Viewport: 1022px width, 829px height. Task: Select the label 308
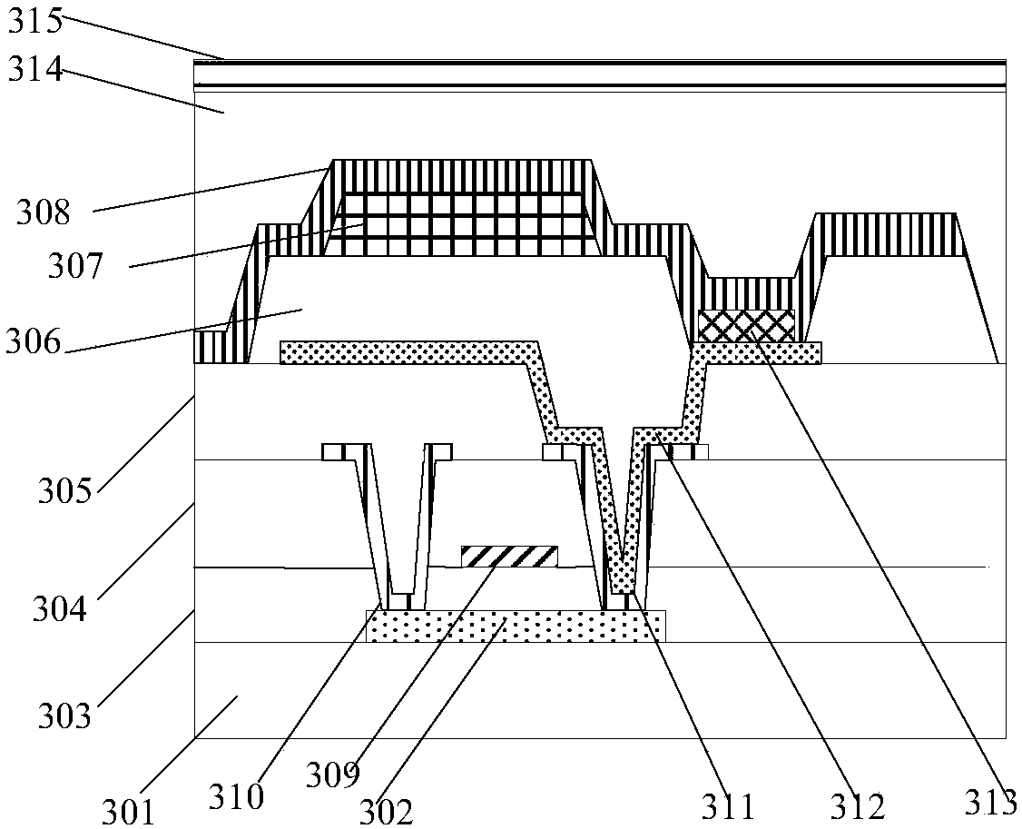[43, 213]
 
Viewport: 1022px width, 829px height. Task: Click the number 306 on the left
[33, 343]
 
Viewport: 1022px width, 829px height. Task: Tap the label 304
[60, 607]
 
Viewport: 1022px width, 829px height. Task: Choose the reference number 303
[65, 716]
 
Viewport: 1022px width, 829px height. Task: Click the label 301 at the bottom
[127, 811]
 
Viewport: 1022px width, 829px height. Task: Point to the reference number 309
[332, 774]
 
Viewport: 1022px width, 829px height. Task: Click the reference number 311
[726, 804]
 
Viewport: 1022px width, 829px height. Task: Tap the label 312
[856, 804]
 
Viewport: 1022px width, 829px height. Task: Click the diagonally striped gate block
[508, 556]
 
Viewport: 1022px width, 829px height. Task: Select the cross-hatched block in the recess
[746, 325]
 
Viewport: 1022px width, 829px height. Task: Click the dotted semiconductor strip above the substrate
[515, 627]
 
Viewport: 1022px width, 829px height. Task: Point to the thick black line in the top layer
[599, 85]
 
